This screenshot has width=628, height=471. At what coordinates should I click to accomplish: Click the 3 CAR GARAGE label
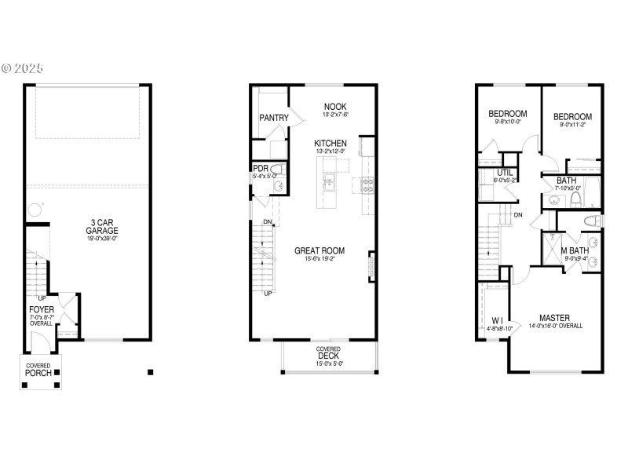tap(102, 226)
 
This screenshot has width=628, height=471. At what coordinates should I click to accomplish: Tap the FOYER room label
tap(42, 310)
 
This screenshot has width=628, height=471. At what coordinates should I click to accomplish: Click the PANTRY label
tap(274, 119)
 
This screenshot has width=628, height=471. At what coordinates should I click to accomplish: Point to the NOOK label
tap(335, 107)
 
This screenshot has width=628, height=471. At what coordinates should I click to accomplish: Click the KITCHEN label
tap(330, 144)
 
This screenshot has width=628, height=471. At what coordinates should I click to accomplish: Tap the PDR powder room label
tap(260, 168)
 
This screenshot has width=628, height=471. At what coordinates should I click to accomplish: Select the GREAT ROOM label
tap(319, 251)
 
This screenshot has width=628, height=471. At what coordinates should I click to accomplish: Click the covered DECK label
tap(329, 356)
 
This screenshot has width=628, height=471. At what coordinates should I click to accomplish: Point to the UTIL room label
tap(505, 173)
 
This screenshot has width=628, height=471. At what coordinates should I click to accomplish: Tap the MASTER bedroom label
tap(554, 318)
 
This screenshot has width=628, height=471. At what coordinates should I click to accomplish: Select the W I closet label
tap(496, 320)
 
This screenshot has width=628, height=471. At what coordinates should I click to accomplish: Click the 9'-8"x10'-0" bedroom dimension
tap(507, 122)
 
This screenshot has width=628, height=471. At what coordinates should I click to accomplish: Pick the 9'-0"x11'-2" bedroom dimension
tap(572, 124)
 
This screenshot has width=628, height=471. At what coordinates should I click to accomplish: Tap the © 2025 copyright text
tap(23, 68)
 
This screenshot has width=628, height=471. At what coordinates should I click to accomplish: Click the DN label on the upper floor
tap(518, 214)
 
